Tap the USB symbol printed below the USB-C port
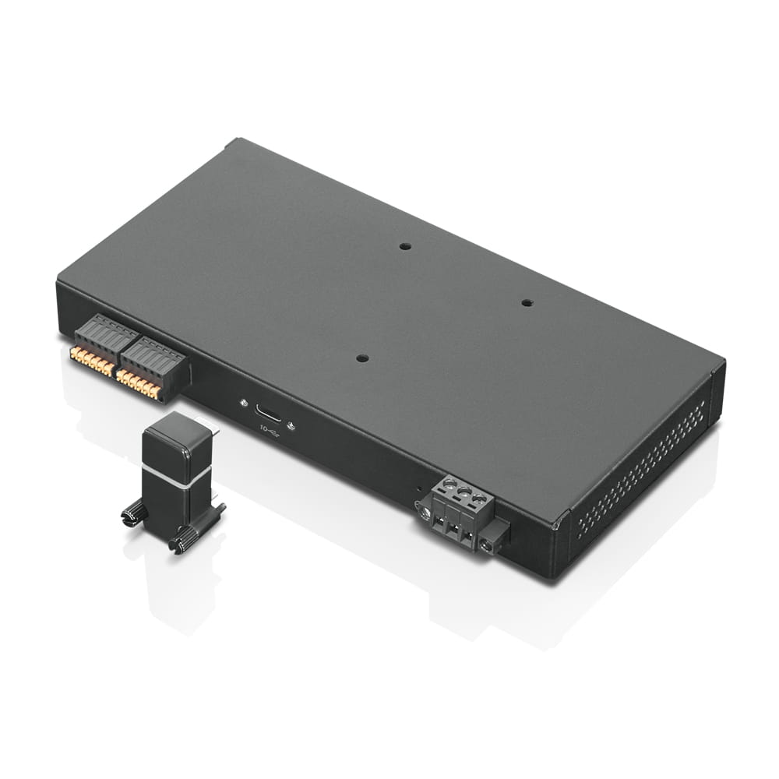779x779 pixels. pos(269,429)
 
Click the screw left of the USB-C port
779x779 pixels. pos(245,404)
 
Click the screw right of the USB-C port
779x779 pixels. pos(291,425)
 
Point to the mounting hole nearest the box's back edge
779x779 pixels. pos(404,246)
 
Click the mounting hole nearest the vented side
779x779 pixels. pos(527,302)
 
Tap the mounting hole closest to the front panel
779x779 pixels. pos(361,358)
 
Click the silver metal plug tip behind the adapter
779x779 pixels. pos(211,429)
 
